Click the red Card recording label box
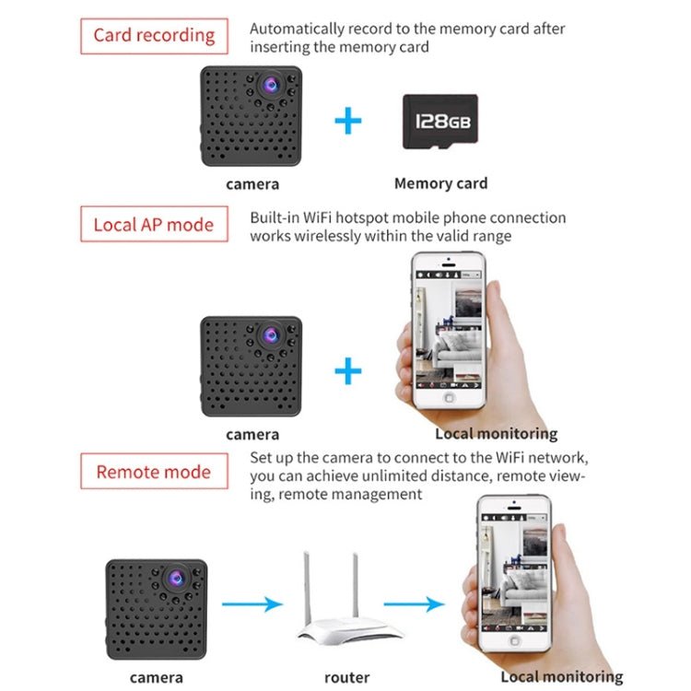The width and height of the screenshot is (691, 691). pyautogui.click(x=154, y=37)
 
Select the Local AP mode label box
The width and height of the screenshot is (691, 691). pyautogui.click(x=154, y=225)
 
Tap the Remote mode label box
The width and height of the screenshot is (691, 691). pyautogui.click(x=154, y=472)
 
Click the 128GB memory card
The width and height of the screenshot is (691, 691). pyautogui.click(x=440, y=122)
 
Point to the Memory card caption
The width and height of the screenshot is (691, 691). pyautogui.click(x=440, y=183)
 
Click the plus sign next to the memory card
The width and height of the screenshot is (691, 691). pyautogui.click(x=347, y=121)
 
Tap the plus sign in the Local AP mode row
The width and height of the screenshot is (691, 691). pyautogui.click(x=347, y=372)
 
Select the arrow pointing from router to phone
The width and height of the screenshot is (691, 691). pyautogui.click(x=415, y=605)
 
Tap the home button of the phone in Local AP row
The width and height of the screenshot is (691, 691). pyautogui.click(x=449, y=398)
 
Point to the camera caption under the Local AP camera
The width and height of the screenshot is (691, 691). pyautogui.click(x=252, y=434)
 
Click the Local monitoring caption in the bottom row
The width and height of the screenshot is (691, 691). pyautogui.click(x=561, y=677)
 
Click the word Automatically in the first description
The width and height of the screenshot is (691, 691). pyautogui.click(x=299, y=29)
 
